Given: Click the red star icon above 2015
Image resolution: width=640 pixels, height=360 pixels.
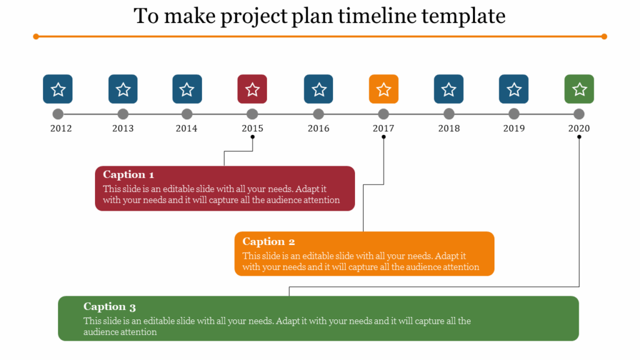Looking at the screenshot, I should point(252,89).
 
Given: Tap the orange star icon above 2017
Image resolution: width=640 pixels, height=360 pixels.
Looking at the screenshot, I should point(384,89).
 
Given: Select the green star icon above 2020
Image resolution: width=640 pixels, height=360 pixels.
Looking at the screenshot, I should point(579,89).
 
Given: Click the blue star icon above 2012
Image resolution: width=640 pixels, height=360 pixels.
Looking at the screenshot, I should point(58,89).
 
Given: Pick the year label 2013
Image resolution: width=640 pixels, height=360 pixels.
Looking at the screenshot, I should point(123,128).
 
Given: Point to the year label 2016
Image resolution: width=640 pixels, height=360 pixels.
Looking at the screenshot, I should point(319,128).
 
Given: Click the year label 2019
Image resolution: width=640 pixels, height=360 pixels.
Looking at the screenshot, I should point(514,128).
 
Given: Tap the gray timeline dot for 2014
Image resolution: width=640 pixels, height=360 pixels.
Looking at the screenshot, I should point(187,114).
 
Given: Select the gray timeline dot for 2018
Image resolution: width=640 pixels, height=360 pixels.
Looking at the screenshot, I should point(449,114).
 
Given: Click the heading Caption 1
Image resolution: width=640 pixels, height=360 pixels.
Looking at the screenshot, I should point(129,174).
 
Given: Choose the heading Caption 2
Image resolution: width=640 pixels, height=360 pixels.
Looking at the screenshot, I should point(269,241).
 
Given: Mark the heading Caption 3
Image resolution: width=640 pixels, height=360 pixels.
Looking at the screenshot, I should point(109,306).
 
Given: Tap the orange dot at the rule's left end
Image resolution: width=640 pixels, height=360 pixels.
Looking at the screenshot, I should point(36,36).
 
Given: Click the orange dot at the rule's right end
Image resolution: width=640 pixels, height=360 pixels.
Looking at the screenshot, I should point(604,36).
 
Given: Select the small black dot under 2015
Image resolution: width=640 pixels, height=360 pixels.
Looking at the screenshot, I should point(253,137).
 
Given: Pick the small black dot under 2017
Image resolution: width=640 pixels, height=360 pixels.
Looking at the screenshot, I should point(384,137).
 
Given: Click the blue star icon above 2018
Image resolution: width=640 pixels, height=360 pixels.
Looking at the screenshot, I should point(449,89).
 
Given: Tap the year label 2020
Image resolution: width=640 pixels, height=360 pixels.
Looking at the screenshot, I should point(579,128).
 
